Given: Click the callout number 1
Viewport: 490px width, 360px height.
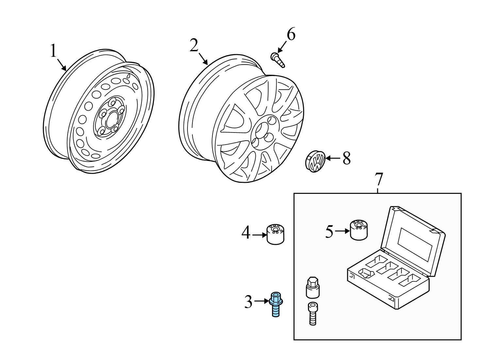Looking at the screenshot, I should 53,51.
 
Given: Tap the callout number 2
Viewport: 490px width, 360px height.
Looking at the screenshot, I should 194,45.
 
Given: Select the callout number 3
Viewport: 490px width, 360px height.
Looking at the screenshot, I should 249,302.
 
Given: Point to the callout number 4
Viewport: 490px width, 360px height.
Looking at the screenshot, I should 246,233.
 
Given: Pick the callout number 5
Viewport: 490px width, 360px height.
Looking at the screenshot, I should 329,231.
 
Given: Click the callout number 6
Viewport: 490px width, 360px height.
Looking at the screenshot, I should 291,34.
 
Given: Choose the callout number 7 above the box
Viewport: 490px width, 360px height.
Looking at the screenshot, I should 378,179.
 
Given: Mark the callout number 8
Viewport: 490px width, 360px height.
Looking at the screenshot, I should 346,159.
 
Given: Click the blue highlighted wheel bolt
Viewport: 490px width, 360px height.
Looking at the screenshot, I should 276,304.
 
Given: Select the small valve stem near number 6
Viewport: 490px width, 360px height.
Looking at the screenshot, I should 278,60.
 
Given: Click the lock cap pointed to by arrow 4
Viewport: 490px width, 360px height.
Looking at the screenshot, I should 275,234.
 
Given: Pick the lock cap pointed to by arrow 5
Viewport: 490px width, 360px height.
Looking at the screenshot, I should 359,230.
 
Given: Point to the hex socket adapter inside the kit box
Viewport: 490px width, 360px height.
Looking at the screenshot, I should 312,287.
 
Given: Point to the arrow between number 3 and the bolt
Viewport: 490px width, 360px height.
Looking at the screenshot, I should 261,301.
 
